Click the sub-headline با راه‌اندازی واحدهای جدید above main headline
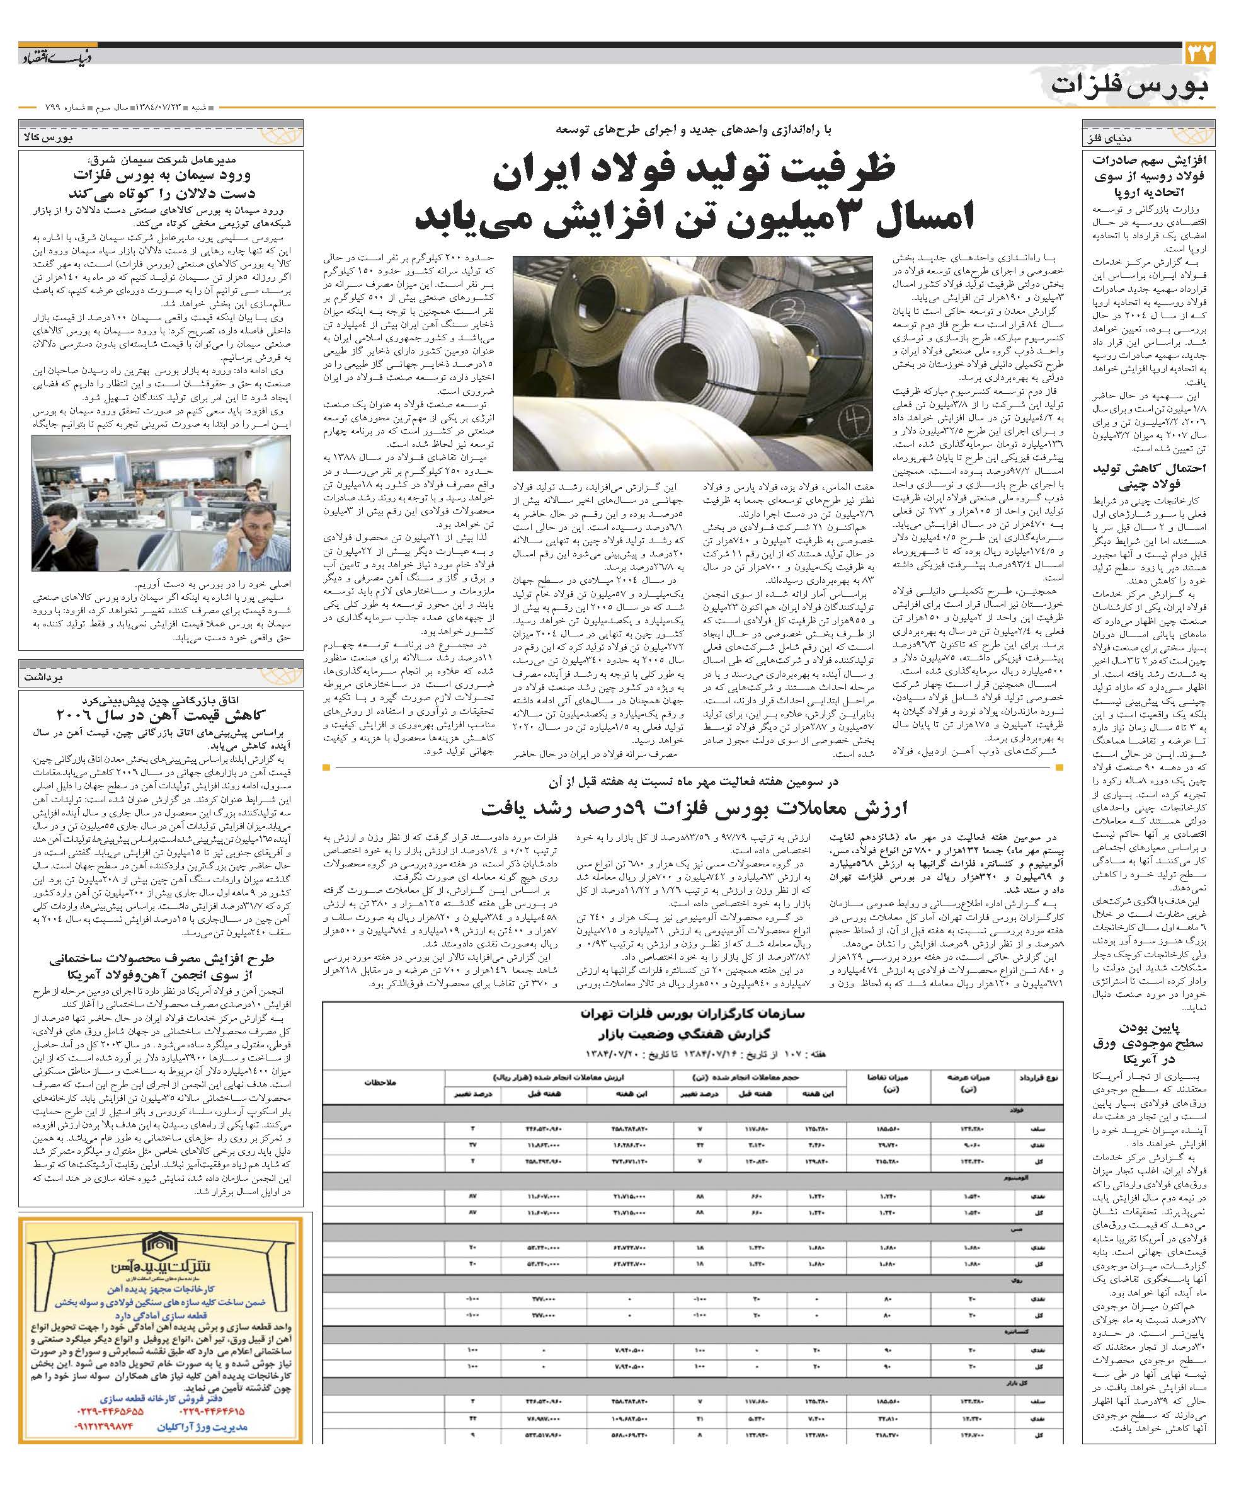point(693,130)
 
